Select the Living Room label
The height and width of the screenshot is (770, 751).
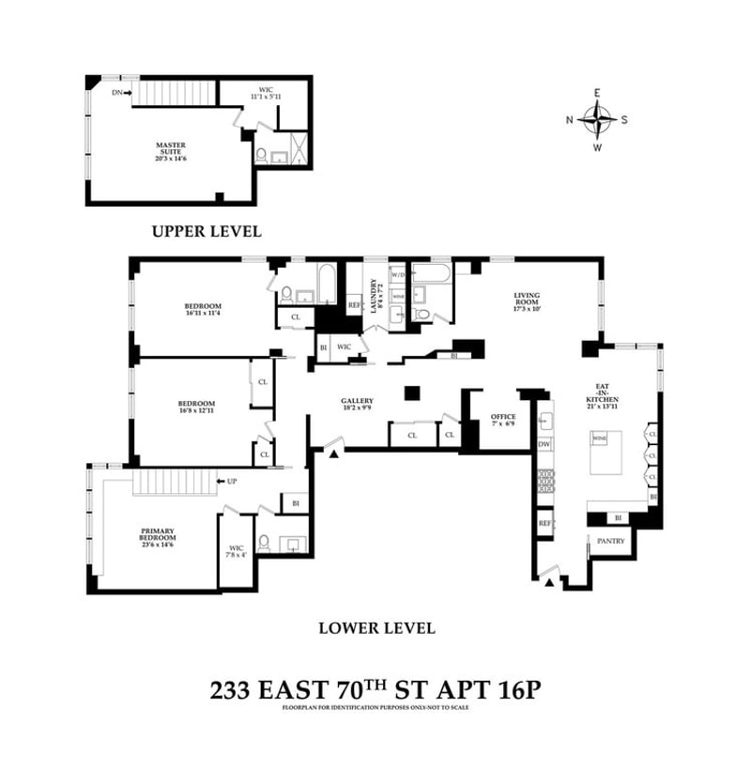[528, 301]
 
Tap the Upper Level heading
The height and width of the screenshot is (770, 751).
[207, 231]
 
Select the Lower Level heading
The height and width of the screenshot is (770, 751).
[376, 628]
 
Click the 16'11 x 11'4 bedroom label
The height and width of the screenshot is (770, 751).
[202, 309]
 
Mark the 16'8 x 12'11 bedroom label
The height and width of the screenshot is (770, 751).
[196, 408]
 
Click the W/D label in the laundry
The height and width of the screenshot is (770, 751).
[397, 275]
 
